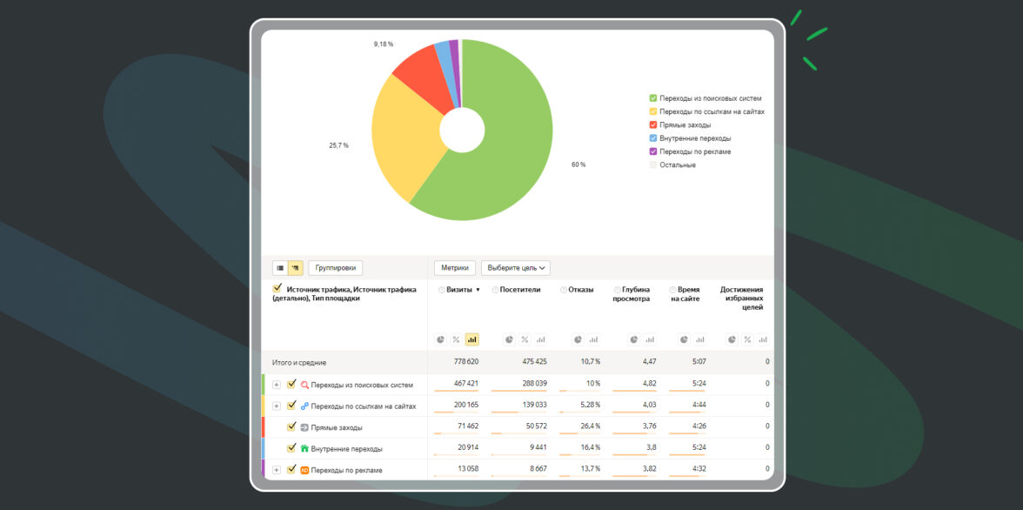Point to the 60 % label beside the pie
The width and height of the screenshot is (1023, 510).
pyautogui.click(x=578, y=164)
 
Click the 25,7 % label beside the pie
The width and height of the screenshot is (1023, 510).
pyautogui.click(x=338, y=145)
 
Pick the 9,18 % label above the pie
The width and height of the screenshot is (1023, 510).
pyautogui.click(x=384, y=44)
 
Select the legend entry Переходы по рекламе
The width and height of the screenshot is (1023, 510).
pyautogui.click(x=694, y=151)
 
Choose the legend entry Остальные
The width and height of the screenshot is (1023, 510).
pyautogui.click(x=677, y=165)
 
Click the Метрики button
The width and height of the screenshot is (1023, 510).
pyautogui.click(x=454, y=268)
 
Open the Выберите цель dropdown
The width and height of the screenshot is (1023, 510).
pyautogui.click(x=516, y=268)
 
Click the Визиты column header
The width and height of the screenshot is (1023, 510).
pyautogui.click(x=460, y=290)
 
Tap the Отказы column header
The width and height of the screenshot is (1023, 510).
pyautogui.click(x=580, y=290)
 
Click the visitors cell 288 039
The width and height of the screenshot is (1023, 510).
pyautogui.click(x=530, y=384)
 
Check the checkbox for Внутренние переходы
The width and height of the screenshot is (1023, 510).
pyautogui.click(x=291, y=448)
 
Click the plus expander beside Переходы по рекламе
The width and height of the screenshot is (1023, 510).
pyautogui.click(x=277, y=470)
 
